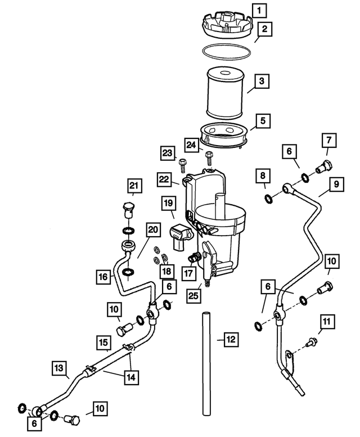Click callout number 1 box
(259, 9)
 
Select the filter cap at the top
(226, 25)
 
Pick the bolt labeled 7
(325, 166)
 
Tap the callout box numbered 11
(327, 322)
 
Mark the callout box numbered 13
(61, 368)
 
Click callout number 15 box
(103, 341)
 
